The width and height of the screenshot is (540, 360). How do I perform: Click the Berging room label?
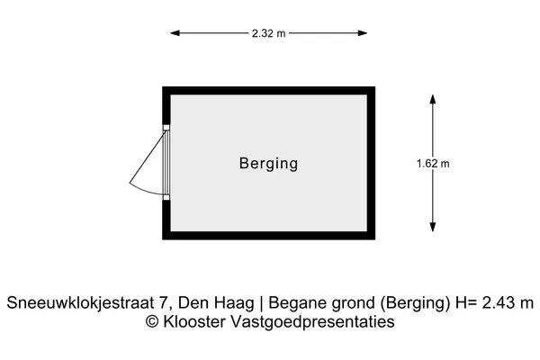click(268, 164)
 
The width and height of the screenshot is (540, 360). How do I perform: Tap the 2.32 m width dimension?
click(268, 33)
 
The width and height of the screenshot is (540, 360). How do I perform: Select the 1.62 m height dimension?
click(433, 163)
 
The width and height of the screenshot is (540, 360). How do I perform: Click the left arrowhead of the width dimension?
click(175, 33)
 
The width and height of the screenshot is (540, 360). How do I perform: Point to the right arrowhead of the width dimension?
click(363, 33)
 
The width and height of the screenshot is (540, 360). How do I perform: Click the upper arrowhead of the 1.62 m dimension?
click(433, 99)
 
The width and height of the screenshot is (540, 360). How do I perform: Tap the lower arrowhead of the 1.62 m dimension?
click(433, 227)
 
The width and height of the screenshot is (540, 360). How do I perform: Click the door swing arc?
click(145, 190)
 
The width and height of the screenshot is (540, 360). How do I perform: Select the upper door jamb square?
click(166, 128)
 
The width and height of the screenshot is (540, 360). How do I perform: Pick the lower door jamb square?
click(166, 197)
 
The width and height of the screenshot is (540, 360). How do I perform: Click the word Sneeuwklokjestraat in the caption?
click(81, 303)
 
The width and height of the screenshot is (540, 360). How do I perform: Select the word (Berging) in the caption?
click(415, 303)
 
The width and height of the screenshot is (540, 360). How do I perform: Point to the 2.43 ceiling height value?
click(497, 302)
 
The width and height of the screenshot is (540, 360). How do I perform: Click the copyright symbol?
click(152, 322)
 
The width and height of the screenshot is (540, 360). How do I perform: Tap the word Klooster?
click(194, 322)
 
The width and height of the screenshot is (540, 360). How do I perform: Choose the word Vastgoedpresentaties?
click(312, 322)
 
